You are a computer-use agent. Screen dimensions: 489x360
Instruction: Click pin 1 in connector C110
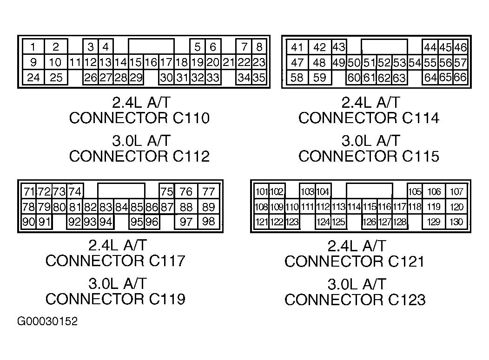pos(33,47)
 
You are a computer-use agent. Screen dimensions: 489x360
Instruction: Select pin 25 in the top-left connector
pos(56,77)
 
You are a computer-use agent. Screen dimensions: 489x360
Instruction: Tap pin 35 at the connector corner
pos(259,77)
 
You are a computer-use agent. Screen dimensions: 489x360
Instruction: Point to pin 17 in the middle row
pos(166,62)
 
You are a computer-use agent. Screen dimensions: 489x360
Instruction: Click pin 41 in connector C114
pos(297,47)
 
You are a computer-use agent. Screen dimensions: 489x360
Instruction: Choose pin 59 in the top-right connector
pos(319,78)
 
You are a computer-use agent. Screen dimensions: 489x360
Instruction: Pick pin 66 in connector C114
pos(460,77)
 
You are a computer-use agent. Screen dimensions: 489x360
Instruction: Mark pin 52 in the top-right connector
pos(384,63)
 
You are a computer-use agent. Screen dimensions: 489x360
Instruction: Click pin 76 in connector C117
pos(186,191)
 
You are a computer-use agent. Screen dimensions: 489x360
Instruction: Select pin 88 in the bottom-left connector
pos(186,207)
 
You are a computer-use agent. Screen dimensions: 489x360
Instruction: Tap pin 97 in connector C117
pos(186,222)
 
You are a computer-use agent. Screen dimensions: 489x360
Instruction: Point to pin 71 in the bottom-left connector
pos(29,191)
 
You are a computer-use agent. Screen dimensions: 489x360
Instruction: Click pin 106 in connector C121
pos(434,191)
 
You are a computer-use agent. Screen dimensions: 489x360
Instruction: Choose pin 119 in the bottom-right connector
pos(434,207)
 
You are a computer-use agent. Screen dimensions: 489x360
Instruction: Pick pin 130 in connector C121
pos(456,222)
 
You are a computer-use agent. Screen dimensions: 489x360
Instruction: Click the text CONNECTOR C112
pos(139,156)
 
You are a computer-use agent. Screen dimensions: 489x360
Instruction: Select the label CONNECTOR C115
pos(369,156)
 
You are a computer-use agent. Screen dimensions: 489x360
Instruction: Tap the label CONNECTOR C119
pos(115,299)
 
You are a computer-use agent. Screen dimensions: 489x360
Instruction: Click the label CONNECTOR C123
pos(355,300)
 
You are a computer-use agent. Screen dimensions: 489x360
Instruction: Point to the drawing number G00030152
pos(47,321)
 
